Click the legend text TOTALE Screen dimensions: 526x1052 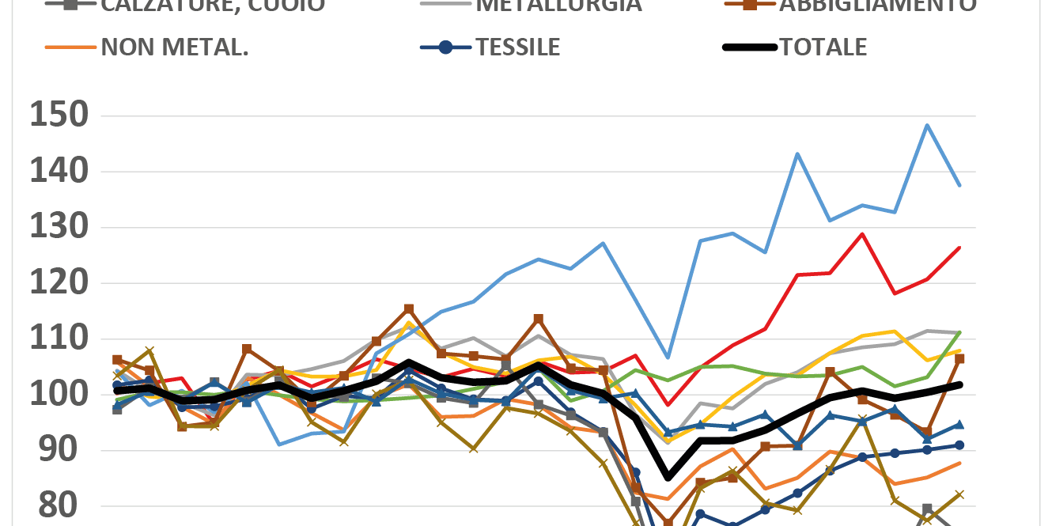(x=823, y=47)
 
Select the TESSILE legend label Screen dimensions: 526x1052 (x=517, y=47)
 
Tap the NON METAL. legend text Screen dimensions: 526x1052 (x=175, y=47)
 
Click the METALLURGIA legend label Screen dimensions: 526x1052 (x=558, y=6)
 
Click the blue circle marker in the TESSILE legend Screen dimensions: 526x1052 (x=445, y=47)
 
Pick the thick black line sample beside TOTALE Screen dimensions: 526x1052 (x=749, y=47)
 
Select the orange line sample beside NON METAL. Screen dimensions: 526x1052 (x=70, y=47)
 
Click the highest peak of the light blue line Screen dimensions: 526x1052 (x=927, y=125)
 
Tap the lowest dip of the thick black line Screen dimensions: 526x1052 (x=668, y=478)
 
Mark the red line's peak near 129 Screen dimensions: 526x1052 (x=862, y=234)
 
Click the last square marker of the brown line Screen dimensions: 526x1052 (x=959, y=358)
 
